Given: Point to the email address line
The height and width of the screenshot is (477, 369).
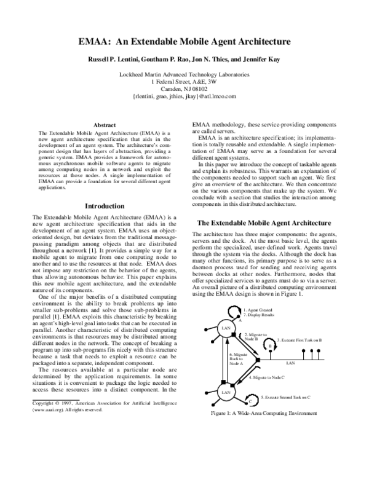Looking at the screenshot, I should coord(184,97).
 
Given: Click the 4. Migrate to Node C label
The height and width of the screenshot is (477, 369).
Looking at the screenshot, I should coord(266,376).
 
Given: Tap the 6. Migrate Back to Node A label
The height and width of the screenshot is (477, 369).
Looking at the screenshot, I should coord(239,359).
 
